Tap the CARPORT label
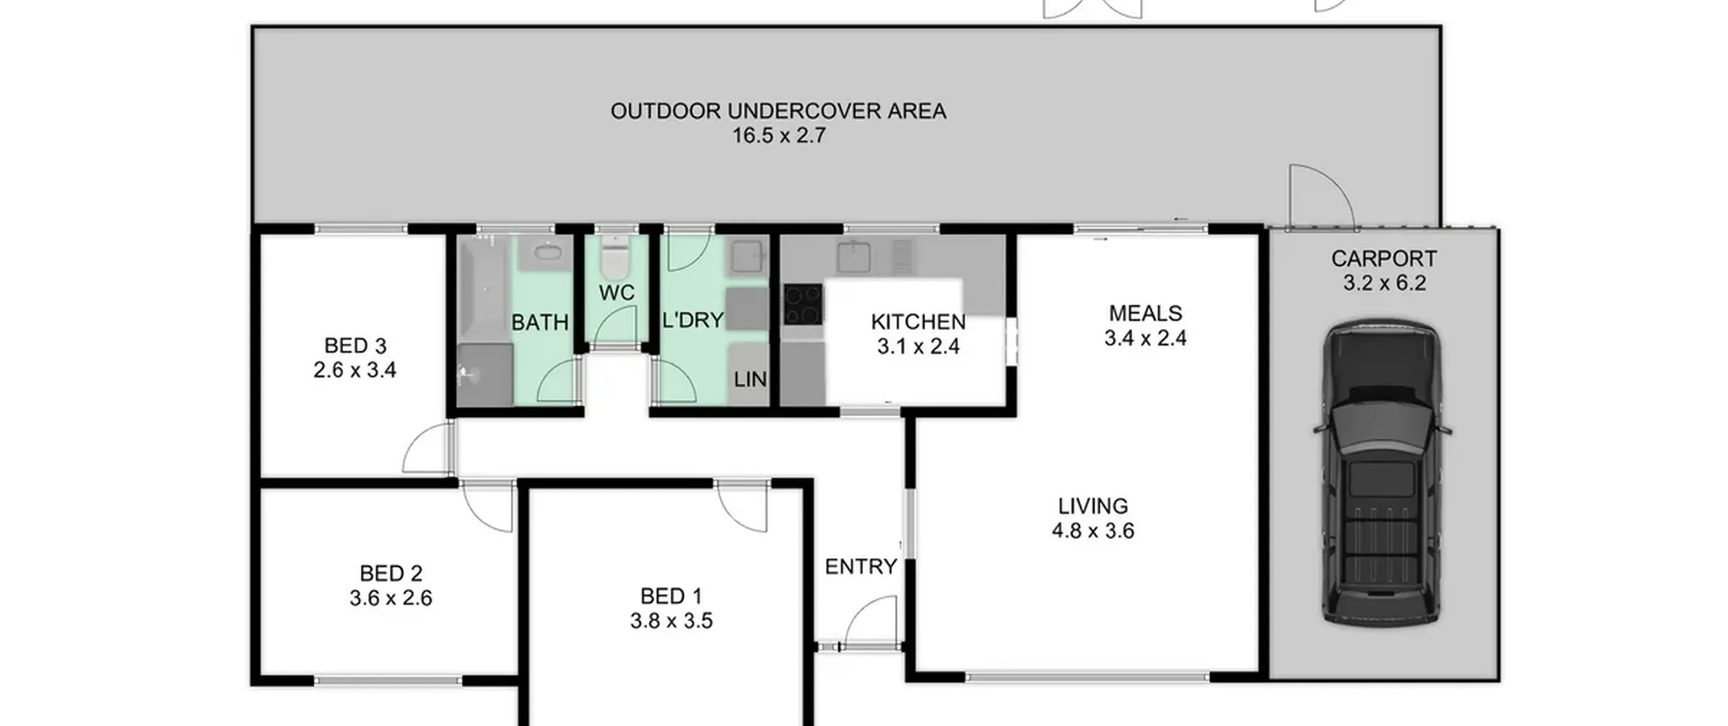(1384, 259)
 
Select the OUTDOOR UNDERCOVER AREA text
(778, 111)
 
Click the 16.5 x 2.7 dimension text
(779, 135)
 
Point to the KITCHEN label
(918, 322)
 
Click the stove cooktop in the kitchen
(803, 305)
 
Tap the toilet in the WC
(614, 257)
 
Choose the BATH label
(539, 323)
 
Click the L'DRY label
(693, 320)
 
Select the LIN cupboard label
(750, 380)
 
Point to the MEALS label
(1145, 313)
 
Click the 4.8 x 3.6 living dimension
(1093, 531)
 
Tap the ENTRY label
(861, 567)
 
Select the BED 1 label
(671, 596)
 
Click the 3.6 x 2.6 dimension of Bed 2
(391, 598)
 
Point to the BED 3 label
(355, 346)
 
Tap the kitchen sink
(854, 257)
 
